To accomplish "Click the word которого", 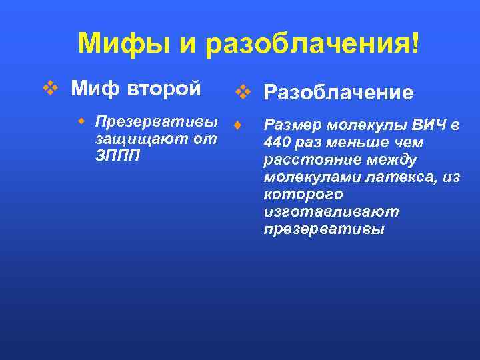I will [303, 195].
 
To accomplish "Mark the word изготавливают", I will [331, 212].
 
